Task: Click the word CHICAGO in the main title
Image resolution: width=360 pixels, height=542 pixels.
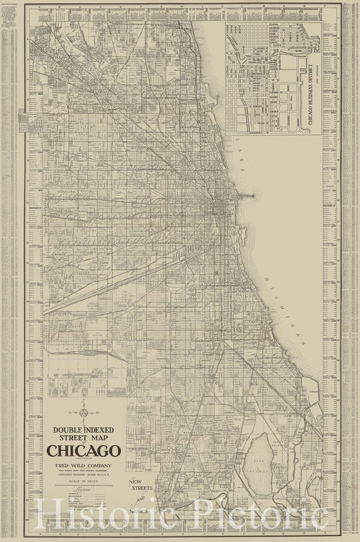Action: [84, 450]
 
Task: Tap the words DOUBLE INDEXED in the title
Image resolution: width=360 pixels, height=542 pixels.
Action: [84, 429]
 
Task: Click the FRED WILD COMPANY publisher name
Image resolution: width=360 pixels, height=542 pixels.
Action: [84, 466]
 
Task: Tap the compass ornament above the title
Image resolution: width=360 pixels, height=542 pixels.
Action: [83, 411]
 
